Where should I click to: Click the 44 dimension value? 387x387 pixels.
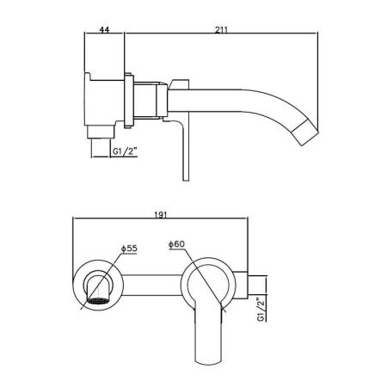pyautogui.click(x=104, y=29)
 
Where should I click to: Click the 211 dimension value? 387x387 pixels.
pyautogui.click(x=222, y=29)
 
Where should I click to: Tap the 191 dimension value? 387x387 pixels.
pyautogui.click(x=161, y=215)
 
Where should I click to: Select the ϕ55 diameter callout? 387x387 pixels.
pyautogui.click(x=129, y=249)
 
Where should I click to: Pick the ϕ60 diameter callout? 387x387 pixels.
pyautogui.click(x=176, y=244)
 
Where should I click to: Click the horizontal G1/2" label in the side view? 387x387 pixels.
pyautogui.click(x=125, y=151)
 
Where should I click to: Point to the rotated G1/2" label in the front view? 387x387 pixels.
pyautogui.click(x=261, y=310)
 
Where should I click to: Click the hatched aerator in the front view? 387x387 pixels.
pyautogui.click(x=98, y=301)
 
